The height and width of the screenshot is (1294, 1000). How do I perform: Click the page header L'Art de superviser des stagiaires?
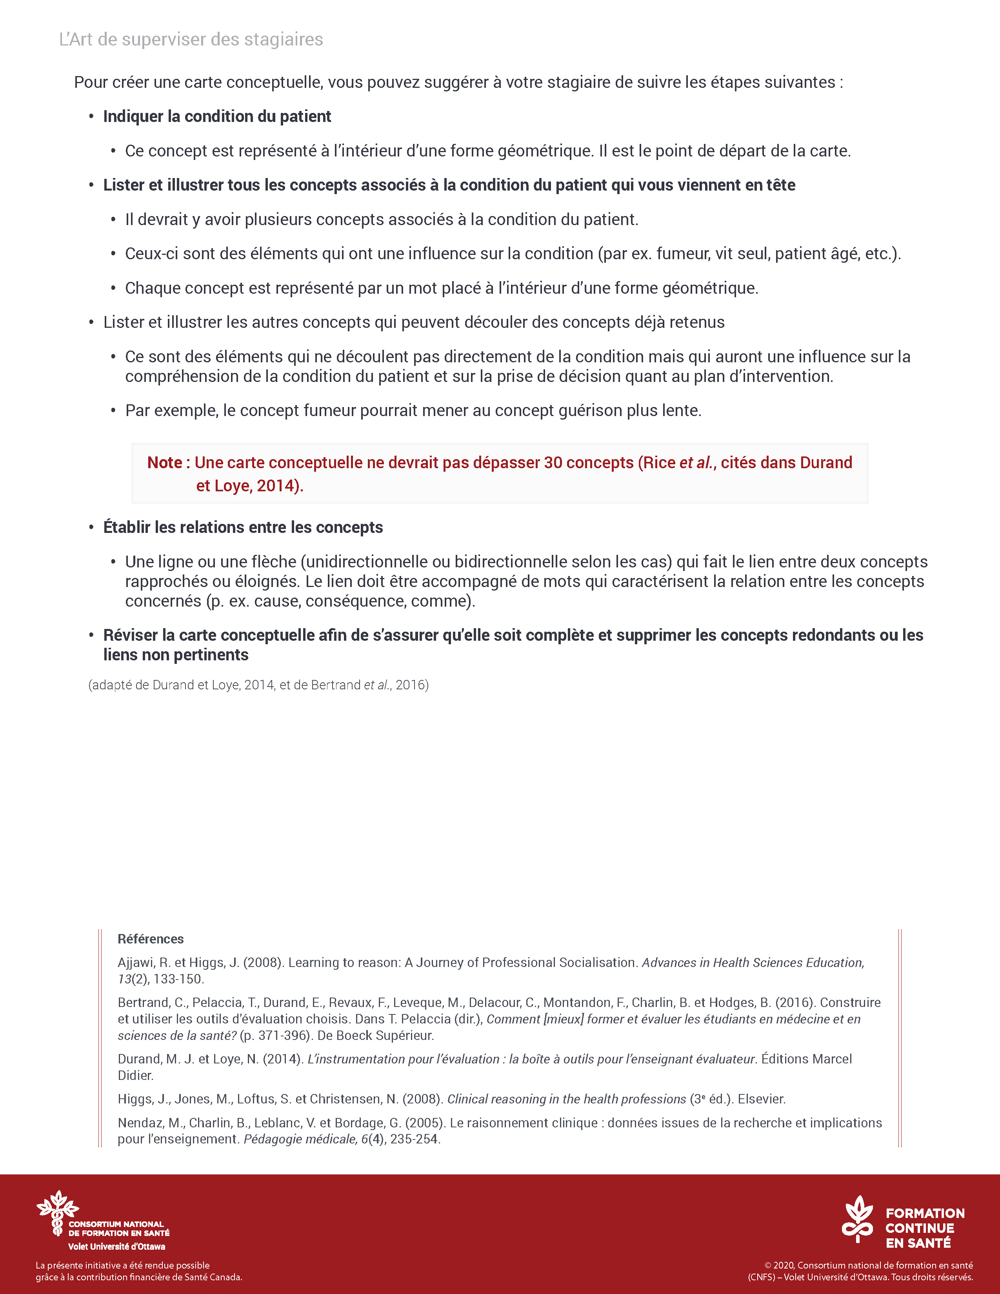[x=191, y=40]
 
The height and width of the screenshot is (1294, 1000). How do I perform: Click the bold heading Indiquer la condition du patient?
[x=217, y=117]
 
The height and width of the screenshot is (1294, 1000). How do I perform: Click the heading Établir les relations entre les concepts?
[x=243, y=527]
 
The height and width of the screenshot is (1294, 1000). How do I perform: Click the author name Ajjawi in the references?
[x=135, y=963]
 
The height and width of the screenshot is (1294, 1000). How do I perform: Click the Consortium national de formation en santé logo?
[x=58, y=1213]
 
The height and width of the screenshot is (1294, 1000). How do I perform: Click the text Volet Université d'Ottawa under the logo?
[x=117, y=1247]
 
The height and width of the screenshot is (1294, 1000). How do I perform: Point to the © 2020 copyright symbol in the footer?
[x=768, y=1265]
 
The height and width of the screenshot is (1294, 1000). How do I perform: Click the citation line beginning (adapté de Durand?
[x=258, y=685]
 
